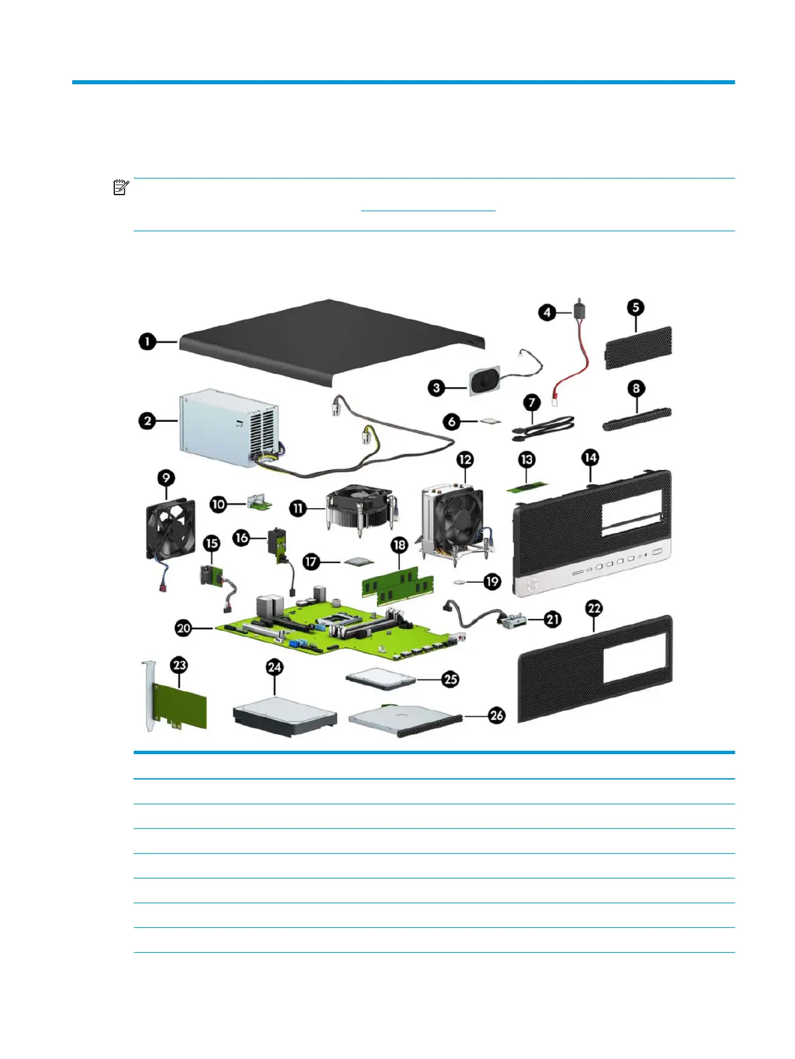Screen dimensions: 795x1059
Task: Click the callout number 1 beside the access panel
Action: pyautogui.click(x=146, y=342)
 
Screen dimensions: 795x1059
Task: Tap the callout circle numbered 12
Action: pyautogui.click(x=465, y=459)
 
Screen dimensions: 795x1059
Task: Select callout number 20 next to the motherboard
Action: pyautogui.click(x=183, y=628)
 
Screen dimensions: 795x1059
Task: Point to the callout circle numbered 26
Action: pyautogui.click(x=496, y=715)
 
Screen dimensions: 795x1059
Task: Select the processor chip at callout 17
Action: pyautogui.click(x=358, y=562)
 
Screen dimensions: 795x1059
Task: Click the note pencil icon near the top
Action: pyautogui.click(x=120, y=187)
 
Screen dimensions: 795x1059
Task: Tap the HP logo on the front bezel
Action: pyautogui.click(x=532, y=584)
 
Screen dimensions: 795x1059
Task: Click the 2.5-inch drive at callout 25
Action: pyautogui.click(x=380, y=678)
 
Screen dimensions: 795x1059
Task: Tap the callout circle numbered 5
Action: pyautogui.click(x=635, y=308)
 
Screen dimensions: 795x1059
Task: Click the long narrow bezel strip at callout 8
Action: pyautogui.click(x=636, y=419)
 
